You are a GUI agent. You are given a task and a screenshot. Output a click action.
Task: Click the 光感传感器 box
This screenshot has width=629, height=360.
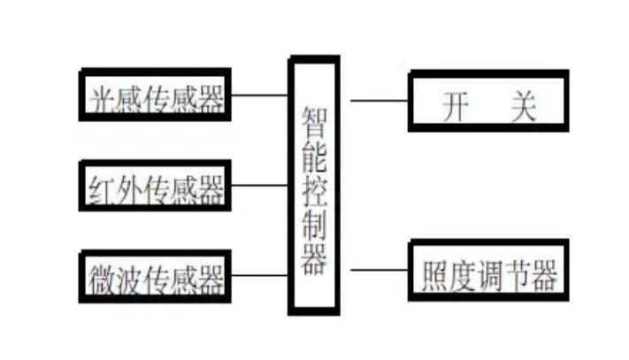156,96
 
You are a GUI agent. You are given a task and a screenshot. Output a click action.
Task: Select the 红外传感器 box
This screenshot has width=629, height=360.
156,187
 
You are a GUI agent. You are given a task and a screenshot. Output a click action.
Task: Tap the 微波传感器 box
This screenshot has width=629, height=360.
156,277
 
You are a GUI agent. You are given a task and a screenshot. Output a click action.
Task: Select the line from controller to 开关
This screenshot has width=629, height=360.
379,100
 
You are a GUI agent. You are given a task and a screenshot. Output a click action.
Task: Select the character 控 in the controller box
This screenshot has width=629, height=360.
314,195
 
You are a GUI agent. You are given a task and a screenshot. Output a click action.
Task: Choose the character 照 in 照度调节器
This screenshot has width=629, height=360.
431,276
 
